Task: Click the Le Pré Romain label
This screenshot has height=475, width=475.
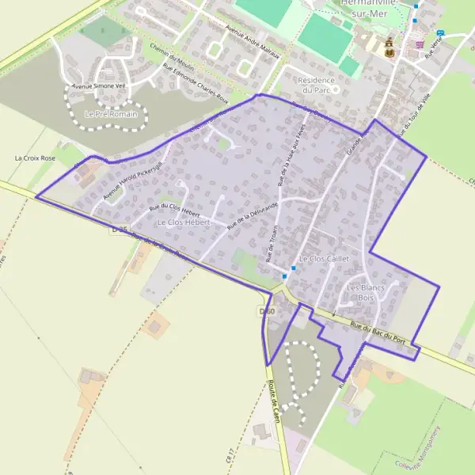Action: [x=110, y=115]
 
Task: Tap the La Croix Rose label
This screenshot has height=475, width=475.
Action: [x=36, y=158]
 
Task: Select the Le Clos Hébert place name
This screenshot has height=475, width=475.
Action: [x=183, y=222]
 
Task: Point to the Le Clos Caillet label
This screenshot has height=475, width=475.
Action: [x=324, y=259]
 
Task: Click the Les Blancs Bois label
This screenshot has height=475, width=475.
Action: [x=365, y=292]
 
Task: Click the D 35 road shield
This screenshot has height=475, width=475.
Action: [x=119, y=230]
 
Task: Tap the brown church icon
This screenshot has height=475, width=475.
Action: [x=389, y=49]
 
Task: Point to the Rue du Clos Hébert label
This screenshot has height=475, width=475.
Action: [x=174, y=210]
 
